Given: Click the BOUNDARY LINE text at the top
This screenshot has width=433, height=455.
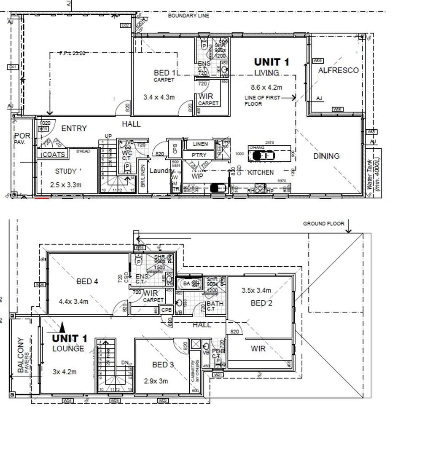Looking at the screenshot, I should (x=188, y=16).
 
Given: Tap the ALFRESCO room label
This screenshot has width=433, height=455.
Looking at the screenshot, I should (x=338, y=70).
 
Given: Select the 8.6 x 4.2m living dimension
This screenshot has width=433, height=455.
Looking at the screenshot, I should (x=266, y=88).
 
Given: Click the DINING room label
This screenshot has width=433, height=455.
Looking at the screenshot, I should (x=326, y=156).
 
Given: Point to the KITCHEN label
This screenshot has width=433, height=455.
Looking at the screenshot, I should (x=261, y=172).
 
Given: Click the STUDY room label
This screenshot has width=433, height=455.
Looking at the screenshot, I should (x=66, y=171).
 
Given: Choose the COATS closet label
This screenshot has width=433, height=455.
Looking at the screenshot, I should (x=54, y=155).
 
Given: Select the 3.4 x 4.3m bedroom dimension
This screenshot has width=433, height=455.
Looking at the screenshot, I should (x=159, y=97).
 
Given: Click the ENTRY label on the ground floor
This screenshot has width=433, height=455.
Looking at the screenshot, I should (x=74, y=128).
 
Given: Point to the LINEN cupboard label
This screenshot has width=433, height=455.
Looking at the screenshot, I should (x=200, y=145).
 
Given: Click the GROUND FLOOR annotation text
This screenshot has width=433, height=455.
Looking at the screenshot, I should (x=323, y=224).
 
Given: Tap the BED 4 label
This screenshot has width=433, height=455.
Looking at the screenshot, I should (x=87, y=281).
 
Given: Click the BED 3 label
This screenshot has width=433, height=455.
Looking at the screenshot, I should (x=163, y=365).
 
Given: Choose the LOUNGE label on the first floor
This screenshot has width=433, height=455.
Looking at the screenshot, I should (x=68, y=349).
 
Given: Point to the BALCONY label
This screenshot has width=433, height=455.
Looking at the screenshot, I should (x=21, y=355).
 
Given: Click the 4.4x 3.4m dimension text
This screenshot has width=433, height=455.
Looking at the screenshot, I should (x=73, y=301).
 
